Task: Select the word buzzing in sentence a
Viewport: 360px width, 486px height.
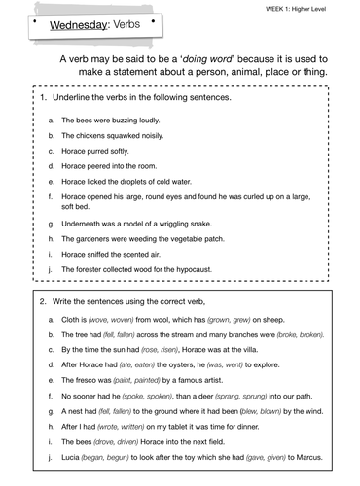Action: tap(120, 121)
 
